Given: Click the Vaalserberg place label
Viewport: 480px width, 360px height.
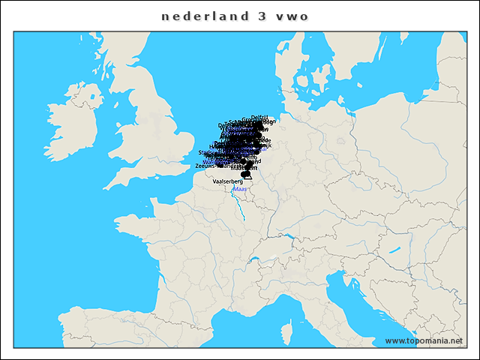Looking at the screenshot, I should (x=228, y=181).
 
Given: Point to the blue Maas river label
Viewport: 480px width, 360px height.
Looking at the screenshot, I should (x=240, y=189).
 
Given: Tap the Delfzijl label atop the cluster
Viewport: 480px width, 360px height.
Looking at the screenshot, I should (x=259, y=117).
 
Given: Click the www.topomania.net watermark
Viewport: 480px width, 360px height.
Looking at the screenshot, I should (x=424, y=340).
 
